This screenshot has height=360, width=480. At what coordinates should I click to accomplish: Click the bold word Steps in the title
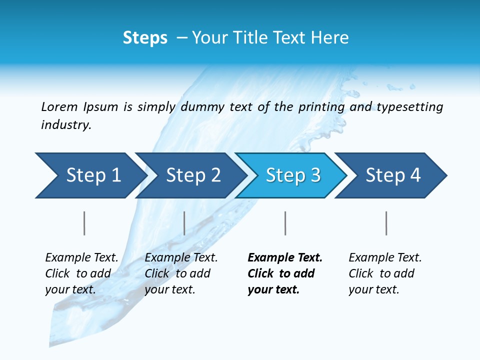tap(145, 37)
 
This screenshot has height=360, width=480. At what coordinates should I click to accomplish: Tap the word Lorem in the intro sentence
tap(59, 106)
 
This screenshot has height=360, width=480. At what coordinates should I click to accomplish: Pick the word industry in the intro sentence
tap(65, 124)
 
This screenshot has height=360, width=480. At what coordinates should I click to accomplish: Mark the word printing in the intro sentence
tap(321, 106)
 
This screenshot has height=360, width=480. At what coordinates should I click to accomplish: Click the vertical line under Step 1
tap(84, 223)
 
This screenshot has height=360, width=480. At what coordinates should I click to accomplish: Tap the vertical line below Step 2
tap(184, 223)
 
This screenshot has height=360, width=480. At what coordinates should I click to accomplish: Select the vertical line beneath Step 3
tap(285, 223)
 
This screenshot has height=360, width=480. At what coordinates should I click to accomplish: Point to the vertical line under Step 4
tap(386, 223)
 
